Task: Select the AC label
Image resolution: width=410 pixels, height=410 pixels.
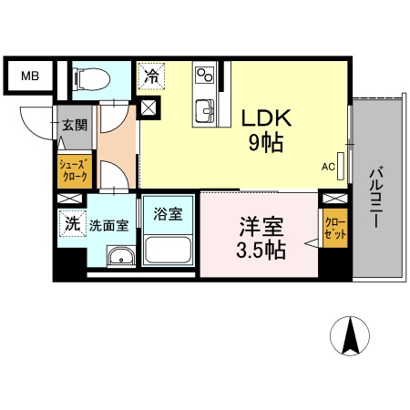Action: (x=329, y=167)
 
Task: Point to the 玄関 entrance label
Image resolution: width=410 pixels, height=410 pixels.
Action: (x=74, y=126)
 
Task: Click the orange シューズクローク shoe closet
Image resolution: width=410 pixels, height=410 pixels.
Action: (x=73, y=170)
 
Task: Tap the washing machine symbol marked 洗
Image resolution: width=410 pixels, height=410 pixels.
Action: (x=70, y=221)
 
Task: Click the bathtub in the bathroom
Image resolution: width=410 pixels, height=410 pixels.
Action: (x=167, y=250)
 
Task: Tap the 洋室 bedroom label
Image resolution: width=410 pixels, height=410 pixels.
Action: (x=259, y=223)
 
